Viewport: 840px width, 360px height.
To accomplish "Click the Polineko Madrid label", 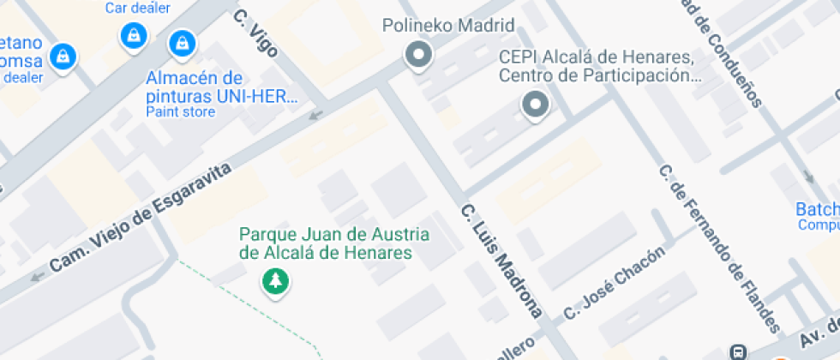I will click(x=447, y=25).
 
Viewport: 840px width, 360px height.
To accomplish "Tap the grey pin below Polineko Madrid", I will click(x=418, y=56).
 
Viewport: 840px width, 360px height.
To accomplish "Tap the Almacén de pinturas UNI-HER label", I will click(x=220, y=87).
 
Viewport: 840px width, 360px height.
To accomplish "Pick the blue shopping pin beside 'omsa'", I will click(x=62, y=57).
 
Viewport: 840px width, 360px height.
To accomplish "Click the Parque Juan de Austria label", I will click(x=334, y=243).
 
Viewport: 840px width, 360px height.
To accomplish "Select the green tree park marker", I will click(x=274, y=279).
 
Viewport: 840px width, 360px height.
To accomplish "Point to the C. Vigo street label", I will click(x=255, y=34).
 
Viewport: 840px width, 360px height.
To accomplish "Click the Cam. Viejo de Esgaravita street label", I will click(x=141, y=219).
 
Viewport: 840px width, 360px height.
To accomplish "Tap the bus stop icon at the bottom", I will click(x=737, y=351).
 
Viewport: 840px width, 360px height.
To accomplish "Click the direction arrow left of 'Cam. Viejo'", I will click(x=37, y=276).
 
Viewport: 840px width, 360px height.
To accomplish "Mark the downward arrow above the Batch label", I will click(x=809, y=177).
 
